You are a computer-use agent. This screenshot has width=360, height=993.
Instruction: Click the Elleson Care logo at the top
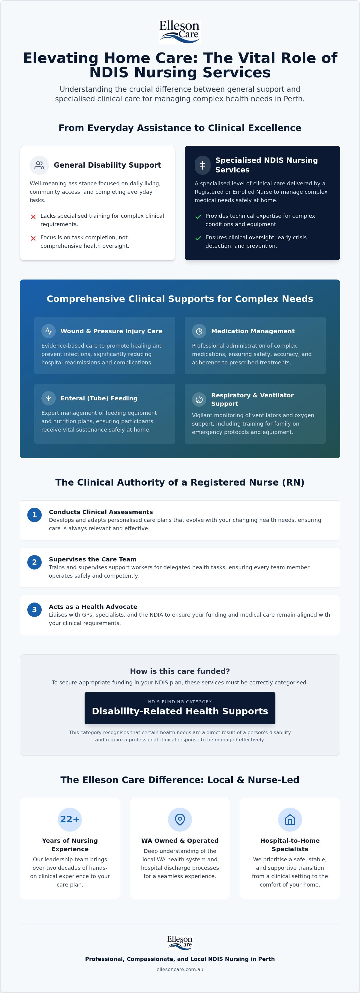pyautogui.click(x=180, y=31)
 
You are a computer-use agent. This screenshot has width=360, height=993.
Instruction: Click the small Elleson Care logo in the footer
pyautogui.click(x=180, y=942)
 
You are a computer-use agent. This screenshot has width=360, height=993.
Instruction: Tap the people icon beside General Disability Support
pyautogui.click(x=39, y=165)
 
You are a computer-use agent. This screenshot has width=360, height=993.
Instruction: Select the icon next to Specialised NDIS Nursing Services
pyautogui.click(x=202, y=165)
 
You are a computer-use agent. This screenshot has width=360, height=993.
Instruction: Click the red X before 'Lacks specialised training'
pyautogui.click(x=33, y=217)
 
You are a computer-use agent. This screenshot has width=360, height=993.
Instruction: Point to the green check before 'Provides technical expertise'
pyautogui.click(x=198, y=217)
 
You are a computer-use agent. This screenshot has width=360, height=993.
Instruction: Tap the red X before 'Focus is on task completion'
pyautogui.click(x=33, y=238)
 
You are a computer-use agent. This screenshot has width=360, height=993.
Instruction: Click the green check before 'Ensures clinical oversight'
pyautogui.click(x=198, y=238)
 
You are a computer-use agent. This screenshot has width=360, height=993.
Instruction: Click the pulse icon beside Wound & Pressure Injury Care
pyautogui.click(x=49, y=331)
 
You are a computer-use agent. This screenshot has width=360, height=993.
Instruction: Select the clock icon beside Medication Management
pyautogui.click(x=199, y=331)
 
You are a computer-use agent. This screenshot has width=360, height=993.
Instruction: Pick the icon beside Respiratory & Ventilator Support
pyautogui.click(x=199, y=399)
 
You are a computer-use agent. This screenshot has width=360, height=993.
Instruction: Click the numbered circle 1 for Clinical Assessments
pyautogui.click(x=34, y=515)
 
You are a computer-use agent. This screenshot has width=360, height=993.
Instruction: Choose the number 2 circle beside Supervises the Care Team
pyautogui.click(x=34, y=562)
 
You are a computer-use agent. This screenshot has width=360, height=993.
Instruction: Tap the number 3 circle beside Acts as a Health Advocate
pyautogui.click(x=34, y=610)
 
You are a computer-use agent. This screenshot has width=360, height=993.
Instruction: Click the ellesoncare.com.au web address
pyautogui.click(x=180, y=969)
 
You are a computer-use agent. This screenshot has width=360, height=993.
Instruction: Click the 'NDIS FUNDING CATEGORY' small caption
pyautogui.click(x=180, y=701)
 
